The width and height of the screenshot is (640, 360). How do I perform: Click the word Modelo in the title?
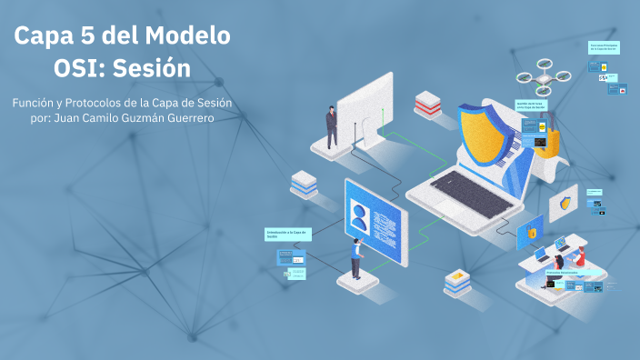pyautogui.click(x=185, y=37)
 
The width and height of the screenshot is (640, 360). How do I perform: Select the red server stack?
pyautogui.click(x=427, y=104)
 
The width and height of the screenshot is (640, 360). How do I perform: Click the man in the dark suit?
pyautogui.click(x=332, y=126)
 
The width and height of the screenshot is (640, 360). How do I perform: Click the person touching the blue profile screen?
pyautogui.click(x=356, y=258)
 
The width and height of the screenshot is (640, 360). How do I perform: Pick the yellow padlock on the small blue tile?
pyautogui.click(x=530, y=234)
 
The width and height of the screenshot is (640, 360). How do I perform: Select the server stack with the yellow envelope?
pyautogui.click(x=456, y=281)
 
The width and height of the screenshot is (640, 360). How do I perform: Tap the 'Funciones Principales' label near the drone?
pyautogui.click(x=604, y=46)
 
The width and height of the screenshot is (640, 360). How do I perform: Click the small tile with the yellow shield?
pyautogui.click(x=567, y=202)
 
